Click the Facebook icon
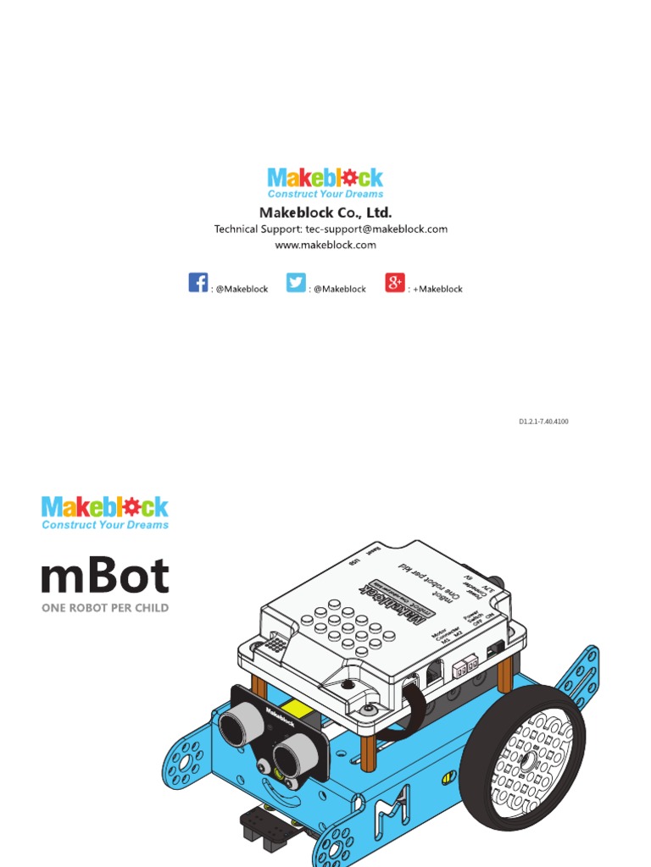click(x=198, y=283)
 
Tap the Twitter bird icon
click(x=296, y=283)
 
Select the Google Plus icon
click(x=395, y=283)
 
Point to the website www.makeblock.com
click(x=325, y=245)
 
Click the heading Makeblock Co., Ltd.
click(x=325, y=213)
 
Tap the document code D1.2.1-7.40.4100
click(x=543, y=421)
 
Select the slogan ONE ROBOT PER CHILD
click(x=105, y=608)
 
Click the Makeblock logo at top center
click(x=325, y=178)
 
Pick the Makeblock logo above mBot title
click(x=105, y=507)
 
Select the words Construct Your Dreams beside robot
click(x=105, y=525)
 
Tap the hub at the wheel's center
click(x=527, y=761)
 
